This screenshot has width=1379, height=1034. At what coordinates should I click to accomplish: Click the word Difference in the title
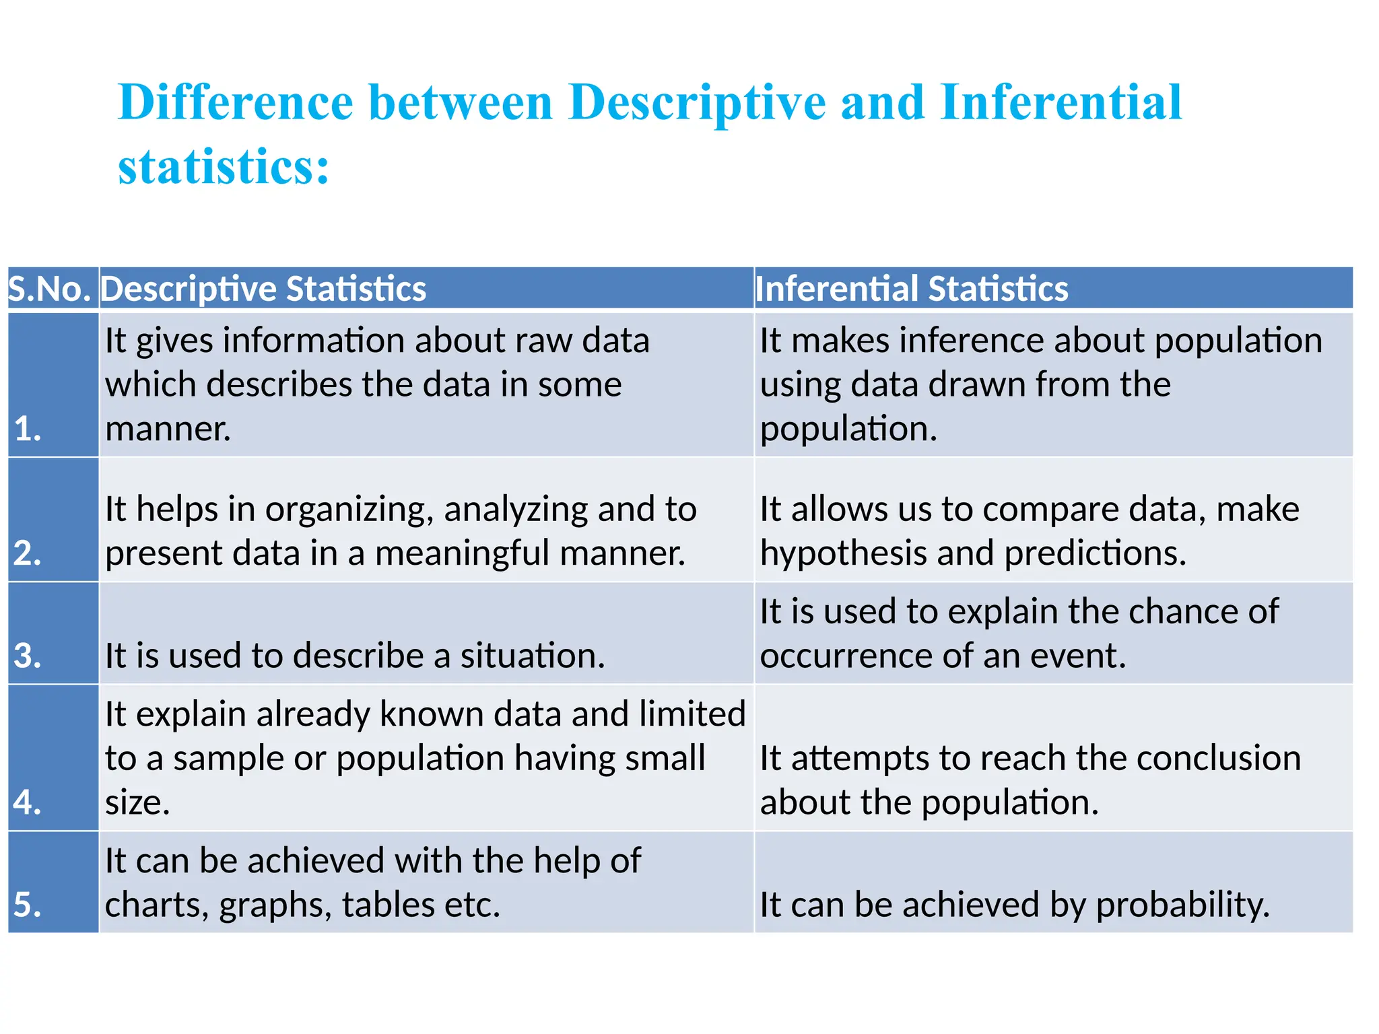pyautogui.click(x=235, y=102)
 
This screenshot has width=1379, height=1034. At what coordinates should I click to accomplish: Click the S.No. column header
pyautogui.click(x=49, y=289)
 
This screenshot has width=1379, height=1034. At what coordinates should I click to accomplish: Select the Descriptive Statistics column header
pyautogui.click(x=263, y=289)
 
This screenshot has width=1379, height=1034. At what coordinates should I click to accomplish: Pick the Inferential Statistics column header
pyautogui.click(x=912, y=289)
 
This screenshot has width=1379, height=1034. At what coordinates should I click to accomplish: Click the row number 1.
pyautogui.click(x=28, y=429)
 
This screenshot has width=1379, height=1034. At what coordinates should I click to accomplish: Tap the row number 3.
pyautogui.click(x=28, y=656)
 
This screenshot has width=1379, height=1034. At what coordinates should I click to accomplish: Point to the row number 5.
pyautogui.click(x=28, y=904)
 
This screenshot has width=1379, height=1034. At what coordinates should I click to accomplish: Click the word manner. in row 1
pyautogui.click(x=168, y=429)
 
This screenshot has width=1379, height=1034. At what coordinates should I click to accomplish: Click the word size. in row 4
pyautogui.click(x=137, y=802)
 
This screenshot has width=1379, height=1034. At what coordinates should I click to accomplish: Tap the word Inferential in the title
pyautogui.click(x=1061, y=102)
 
